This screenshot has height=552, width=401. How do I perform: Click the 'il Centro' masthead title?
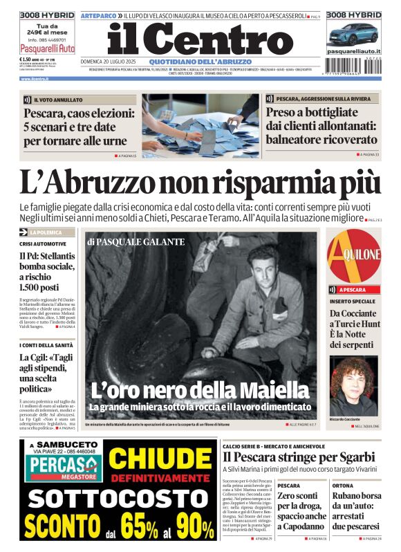[x=200, y=40]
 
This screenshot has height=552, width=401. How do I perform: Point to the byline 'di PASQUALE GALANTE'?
[x=136, y=241]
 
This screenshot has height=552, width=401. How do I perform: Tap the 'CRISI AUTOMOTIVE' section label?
[x=43, y=244]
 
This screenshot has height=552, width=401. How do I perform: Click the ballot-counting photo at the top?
[x=200, y=124]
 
